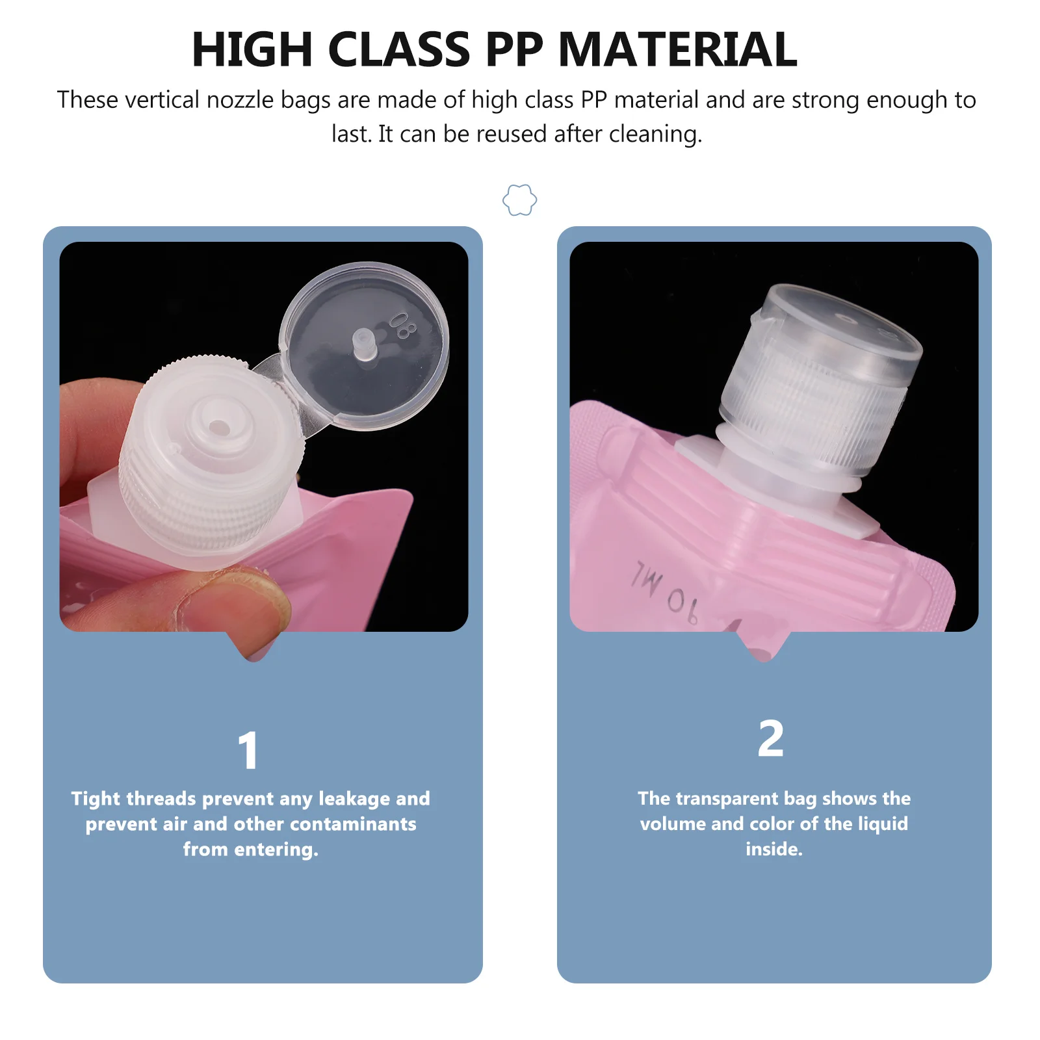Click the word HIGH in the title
click(252, 50)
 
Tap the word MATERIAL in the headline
click(677, 50)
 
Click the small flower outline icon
click(519, 200)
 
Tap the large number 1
click(248, 751)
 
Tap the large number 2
click(771, 739)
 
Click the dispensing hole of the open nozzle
click(219, 427)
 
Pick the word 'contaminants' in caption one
click(353, 824)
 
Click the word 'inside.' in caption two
click(773, 849)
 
